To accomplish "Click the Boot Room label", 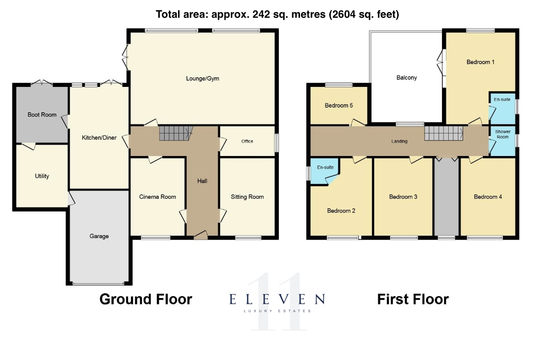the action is click(x=42, y=115).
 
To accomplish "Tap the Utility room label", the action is click(x=42, y=176).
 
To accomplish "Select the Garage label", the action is click(x=99, y=236).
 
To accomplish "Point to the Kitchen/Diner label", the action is click(x=99, y=138).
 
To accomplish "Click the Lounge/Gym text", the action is click(x=203, y=78).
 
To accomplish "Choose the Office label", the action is click(x=247, y=141).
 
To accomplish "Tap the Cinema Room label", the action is click(x=157, y=197).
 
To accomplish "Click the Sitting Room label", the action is click(x=247, y=197).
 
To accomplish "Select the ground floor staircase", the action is click(x=175, y=133).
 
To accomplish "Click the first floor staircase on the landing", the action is click(x=444, y=133).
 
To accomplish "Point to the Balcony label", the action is click(x=407, y=78).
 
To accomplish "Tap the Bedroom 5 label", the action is click(x=339, y=106).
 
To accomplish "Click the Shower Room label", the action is click(x=503, y=134).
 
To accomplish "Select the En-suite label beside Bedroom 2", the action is click(x=325, y=168).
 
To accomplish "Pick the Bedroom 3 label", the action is click(x=403, y=197).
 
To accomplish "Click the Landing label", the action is click(x=399, y=141).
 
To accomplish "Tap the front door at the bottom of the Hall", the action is click(x=201, y=235).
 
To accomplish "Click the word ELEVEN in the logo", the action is click(x=277, y=299).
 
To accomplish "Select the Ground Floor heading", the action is click(x=146, y=299).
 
